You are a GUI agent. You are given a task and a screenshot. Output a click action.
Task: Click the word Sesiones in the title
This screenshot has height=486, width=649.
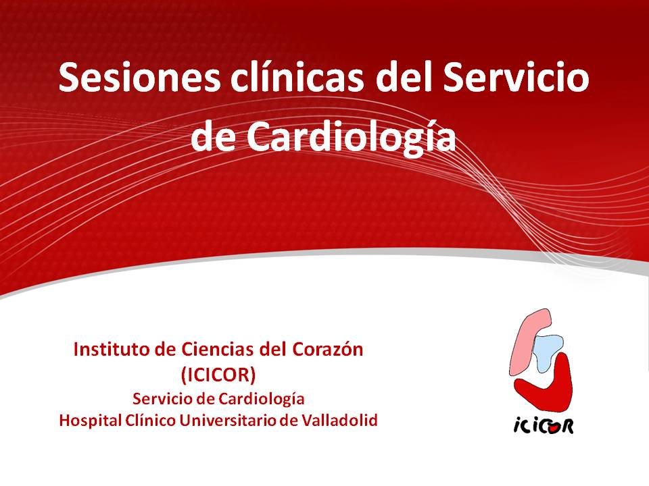(x=139, y=77)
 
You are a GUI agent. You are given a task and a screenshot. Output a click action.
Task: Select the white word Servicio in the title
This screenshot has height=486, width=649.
(x=516, y=77)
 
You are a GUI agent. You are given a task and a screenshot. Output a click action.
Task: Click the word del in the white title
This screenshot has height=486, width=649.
(x=403, y=77)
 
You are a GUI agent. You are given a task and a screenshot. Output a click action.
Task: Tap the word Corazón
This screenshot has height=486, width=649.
(x=328, y=350)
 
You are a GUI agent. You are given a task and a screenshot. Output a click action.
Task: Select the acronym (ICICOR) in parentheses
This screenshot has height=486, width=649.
(x=218, y=375)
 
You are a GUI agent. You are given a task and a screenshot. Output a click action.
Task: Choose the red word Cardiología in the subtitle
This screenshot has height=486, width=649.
(x=261, y=400)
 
